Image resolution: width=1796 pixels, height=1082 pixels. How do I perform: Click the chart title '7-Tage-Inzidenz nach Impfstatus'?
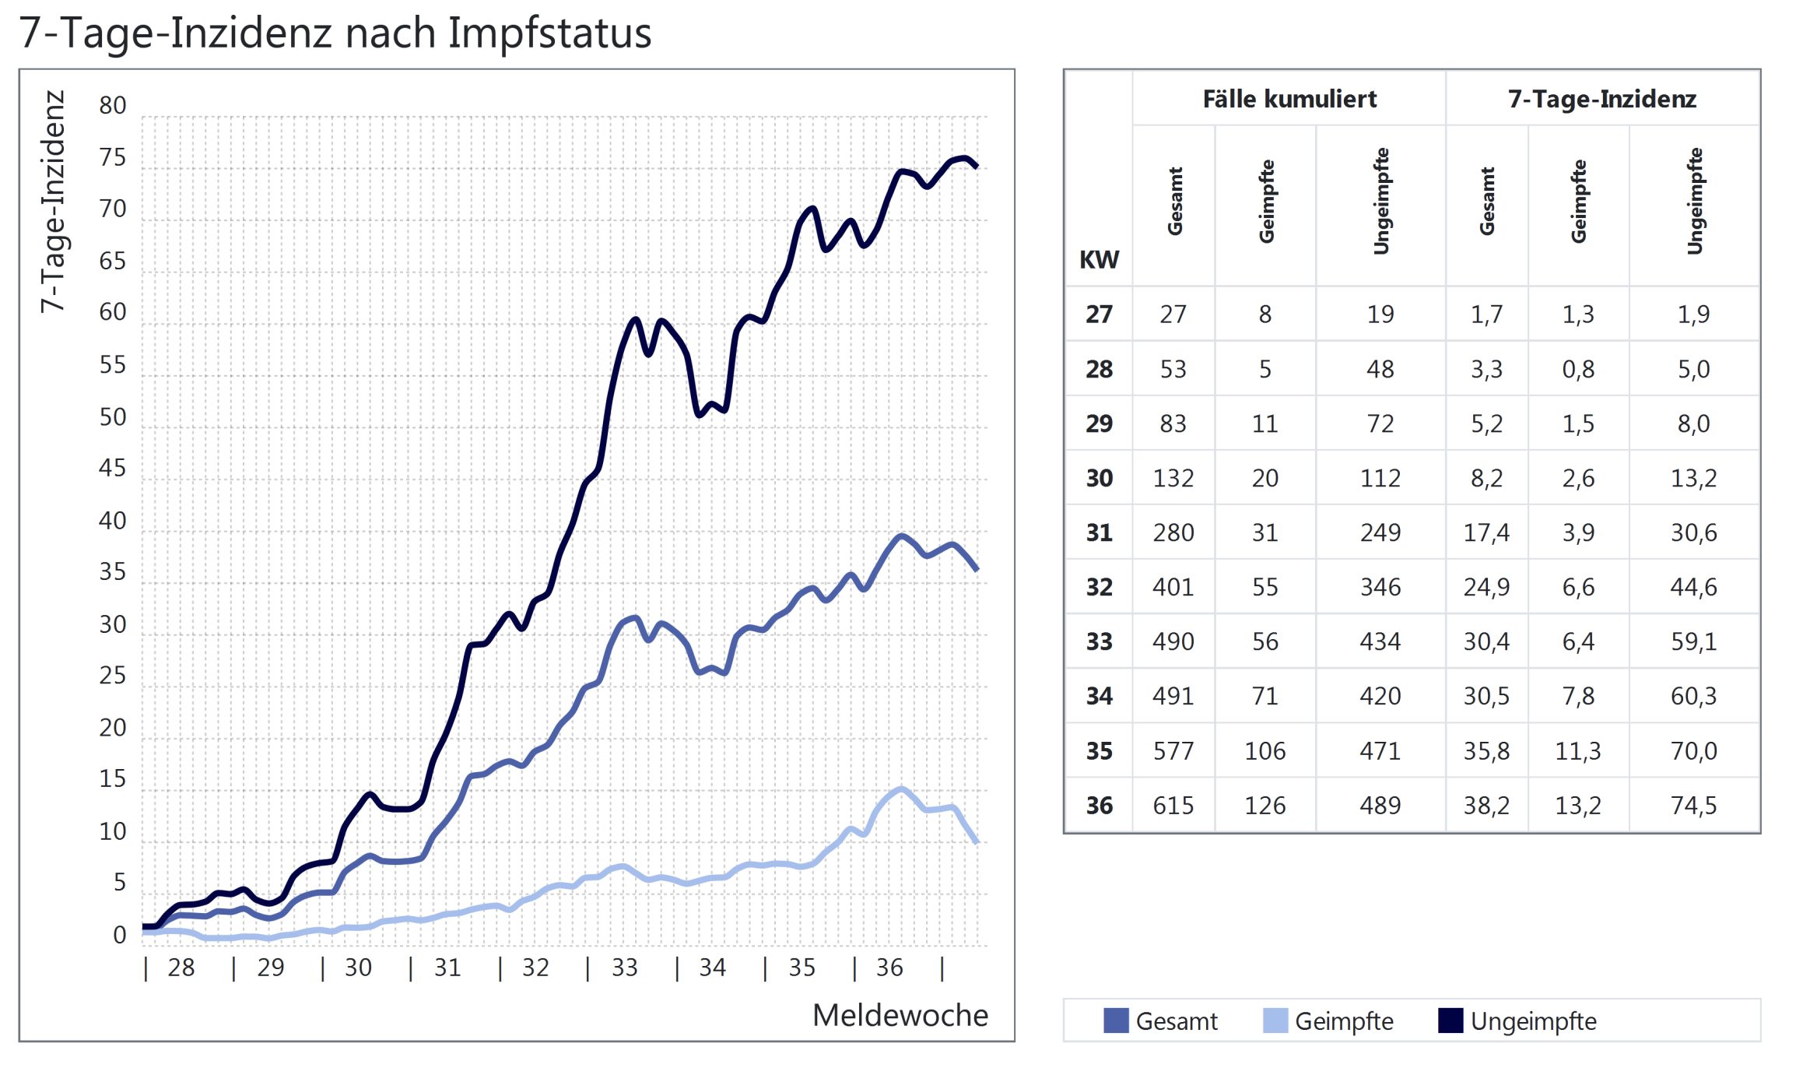[335, 33]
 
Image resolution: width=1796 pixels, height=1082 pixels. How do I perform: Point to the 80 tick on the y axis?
[113, 105]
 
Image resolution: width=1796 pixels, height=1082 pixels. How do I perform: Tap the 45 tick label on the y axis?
[113, 468]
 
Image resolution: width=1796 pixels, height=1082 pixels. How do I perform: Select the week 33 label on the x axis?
[624, 968]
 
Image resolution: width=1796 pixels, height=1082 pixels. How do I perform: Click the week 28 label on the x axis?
[181, 968]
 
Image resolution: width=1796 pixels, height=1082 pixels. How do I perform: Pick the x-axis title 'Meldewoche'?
[900, 1015]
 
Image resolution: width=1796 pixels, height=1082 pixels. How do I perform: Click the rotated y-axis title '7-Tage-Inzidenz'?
[53, 202]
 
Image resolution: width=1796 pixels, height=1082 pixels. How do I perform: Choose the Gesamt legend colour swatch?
[1116, 1021]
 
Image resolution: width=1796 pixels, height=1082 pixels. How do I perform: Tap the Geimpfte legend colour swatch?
[1275, 1021]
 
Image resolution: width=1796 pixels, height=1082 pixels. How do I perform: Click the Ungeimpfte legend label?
[1533, 1021]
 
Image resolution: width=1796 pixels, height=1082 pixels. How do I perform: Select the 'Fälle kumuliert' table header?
[1289, 99]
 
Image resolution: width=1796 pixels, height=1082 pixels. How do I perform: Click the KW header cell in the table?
[1099, 259]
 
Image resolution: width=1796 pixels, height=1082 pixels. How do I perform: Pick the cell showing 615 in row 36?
[1173, 805]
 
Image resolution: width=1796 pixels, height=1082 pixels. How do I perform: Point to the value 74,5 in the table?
[1693, 805]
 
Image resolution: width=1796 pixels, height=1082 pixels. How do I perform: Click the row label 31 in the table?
[1099, 532]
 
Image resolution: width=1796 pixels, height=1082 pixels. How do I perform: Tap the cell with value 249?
[1380, 532]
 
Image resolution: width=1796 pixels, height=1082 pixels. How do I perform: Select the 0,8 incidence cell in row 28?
[1578, 369]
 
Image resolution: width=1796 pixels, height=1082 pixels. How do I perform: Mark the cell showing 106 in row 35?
[1265, 750]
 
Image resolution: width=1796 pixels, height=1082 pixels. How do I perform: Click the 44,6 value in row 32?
[1693, 587]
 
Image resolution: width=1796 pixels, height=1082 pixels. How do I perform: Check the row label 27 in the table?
[1099, 314]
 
